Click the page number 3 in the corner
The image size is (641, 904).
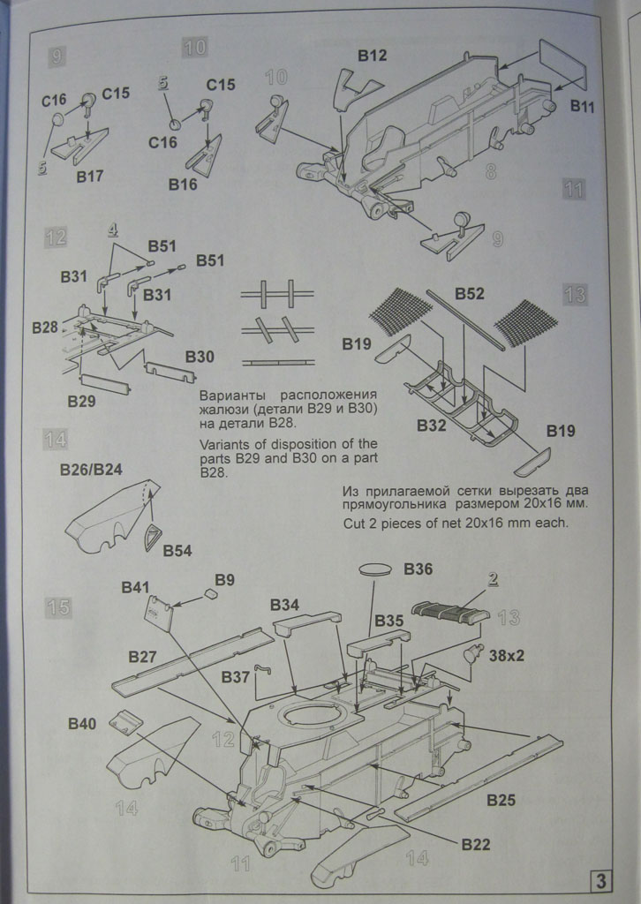[600, 880]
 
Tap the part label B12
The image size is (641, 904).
[372, 56]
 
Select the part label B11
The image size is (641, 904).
[583, 106]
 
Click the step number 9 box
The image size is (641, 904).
[57, 57]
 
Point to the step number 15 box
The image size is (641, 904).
[59, 607]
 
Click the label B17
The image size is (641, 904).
[90, 176]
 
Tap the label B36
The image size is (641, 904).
[419, 569]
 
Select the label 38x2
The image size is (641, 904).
[507, 656]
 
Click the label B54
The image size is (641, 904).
[177, 551]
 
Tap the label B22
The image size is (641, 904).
[475, 845]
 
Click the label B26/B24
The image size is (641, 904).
[91, 469]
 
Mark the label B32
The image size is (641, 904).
[432, 426]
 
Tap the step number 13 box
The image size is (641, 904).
[574, 294]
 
